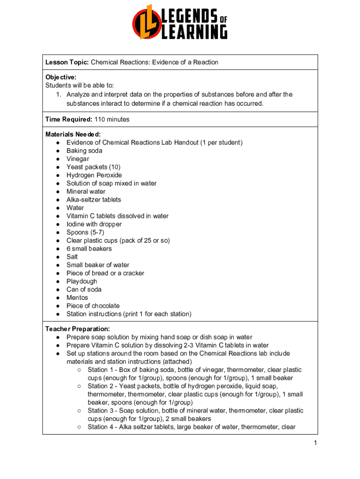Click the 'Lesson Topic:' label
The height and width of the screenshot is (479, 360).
(x=67, y=62)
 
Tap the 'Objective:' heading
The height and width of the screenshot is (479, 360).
(x=61, y=77)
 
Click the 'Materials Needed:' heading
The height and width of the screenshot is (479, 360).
(x=73, y=134)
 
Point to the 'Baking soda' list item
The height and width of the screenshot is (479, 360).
(x=84, y=151)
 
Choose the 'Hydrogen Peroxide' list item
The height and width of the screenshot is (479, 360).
(x=94, y=175)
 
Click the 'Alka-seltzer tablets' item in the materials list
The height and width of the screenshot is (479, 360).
(x=94, y=200)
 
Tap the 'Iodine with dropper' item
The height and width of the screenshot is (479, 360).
(x=94, y=224)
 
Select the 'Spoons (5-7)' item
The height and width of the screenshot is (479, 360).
(x=85, y=232)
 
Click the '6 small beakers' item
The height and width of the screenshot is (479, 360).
(x=89, y=248)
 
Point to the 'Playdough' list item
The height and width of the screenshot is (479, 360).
(x=82, y=281)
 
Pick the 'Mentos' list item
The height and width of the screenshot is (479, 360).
(x=77, y=298)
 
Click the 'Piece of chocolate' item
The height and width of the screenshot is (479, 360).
(x=93, y=306)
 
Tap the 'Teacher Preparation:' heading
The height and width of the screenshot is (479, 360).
(x=77, y=329)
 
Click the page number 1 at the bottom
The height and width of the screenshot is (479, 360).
(x=316, y=443)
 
